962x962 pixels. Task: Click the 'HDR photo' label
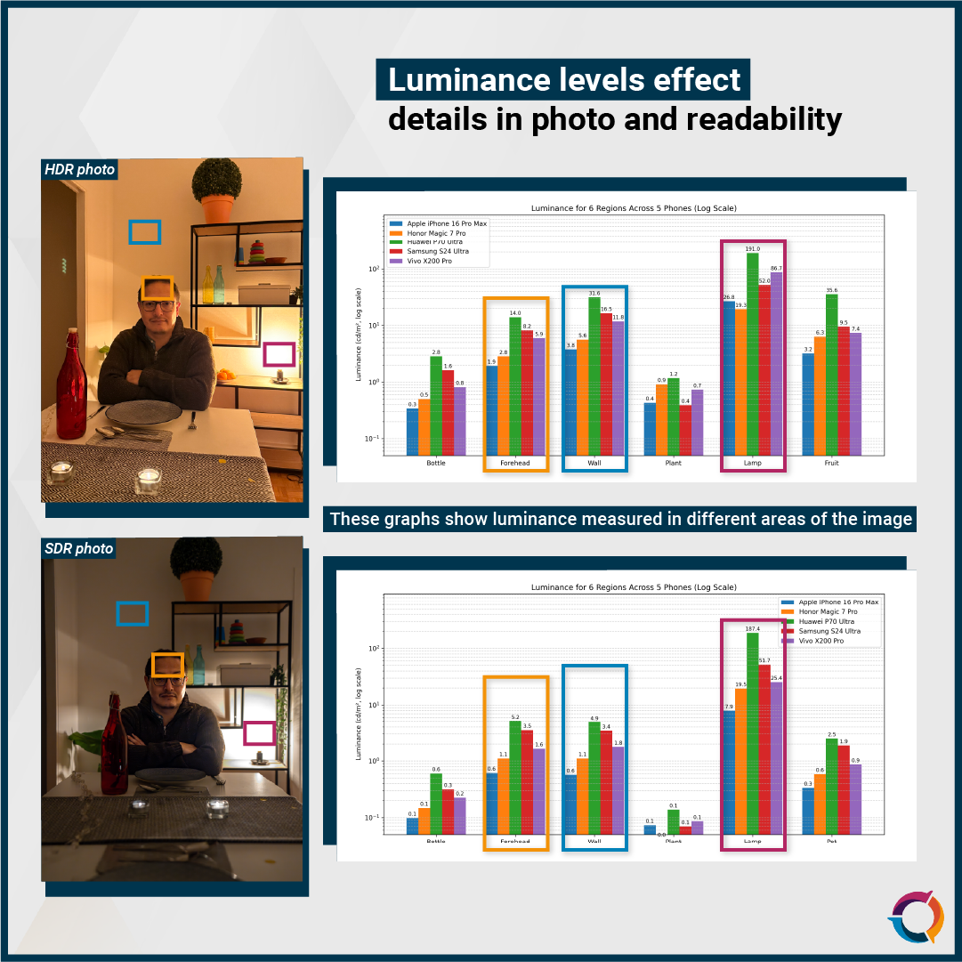click(x=80, y=169)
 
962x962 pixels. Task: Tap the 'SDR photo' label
click(x=79, y=548)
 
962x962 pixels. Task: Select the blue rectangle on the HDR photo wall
click(x=144, y=232)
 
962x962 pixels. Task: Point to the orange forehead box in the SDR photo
click(x=167, y=665)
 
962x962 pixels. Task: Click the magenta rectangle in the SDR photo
click(x=259, y=732)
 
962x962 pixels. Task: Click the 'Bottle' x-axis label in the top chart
click(x=436, y=464)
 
